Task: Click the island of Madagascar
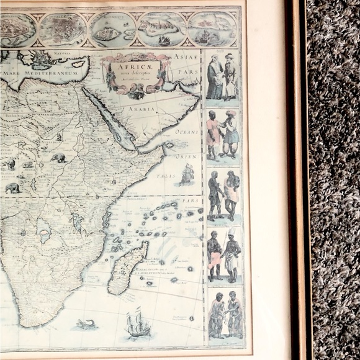point(127,268)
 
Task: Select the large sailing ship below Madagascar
point(138,324)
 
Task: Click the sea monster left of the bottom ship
point(84,324)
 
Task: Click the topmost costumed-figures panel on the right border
point(223,76)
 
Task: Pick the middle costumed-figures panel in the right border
point(223,194)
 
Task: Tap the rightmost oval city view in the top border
point(212,28)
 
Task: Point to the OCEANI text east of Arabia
point(186,132)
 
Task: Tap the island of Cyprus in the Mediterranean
point(78,64)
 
